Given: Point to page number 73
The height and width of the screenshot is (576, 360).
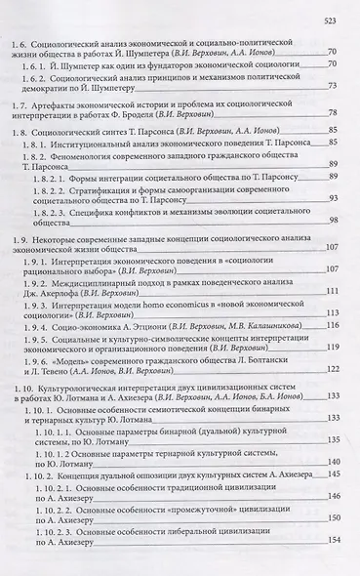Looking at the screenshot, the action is point(332,112).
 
